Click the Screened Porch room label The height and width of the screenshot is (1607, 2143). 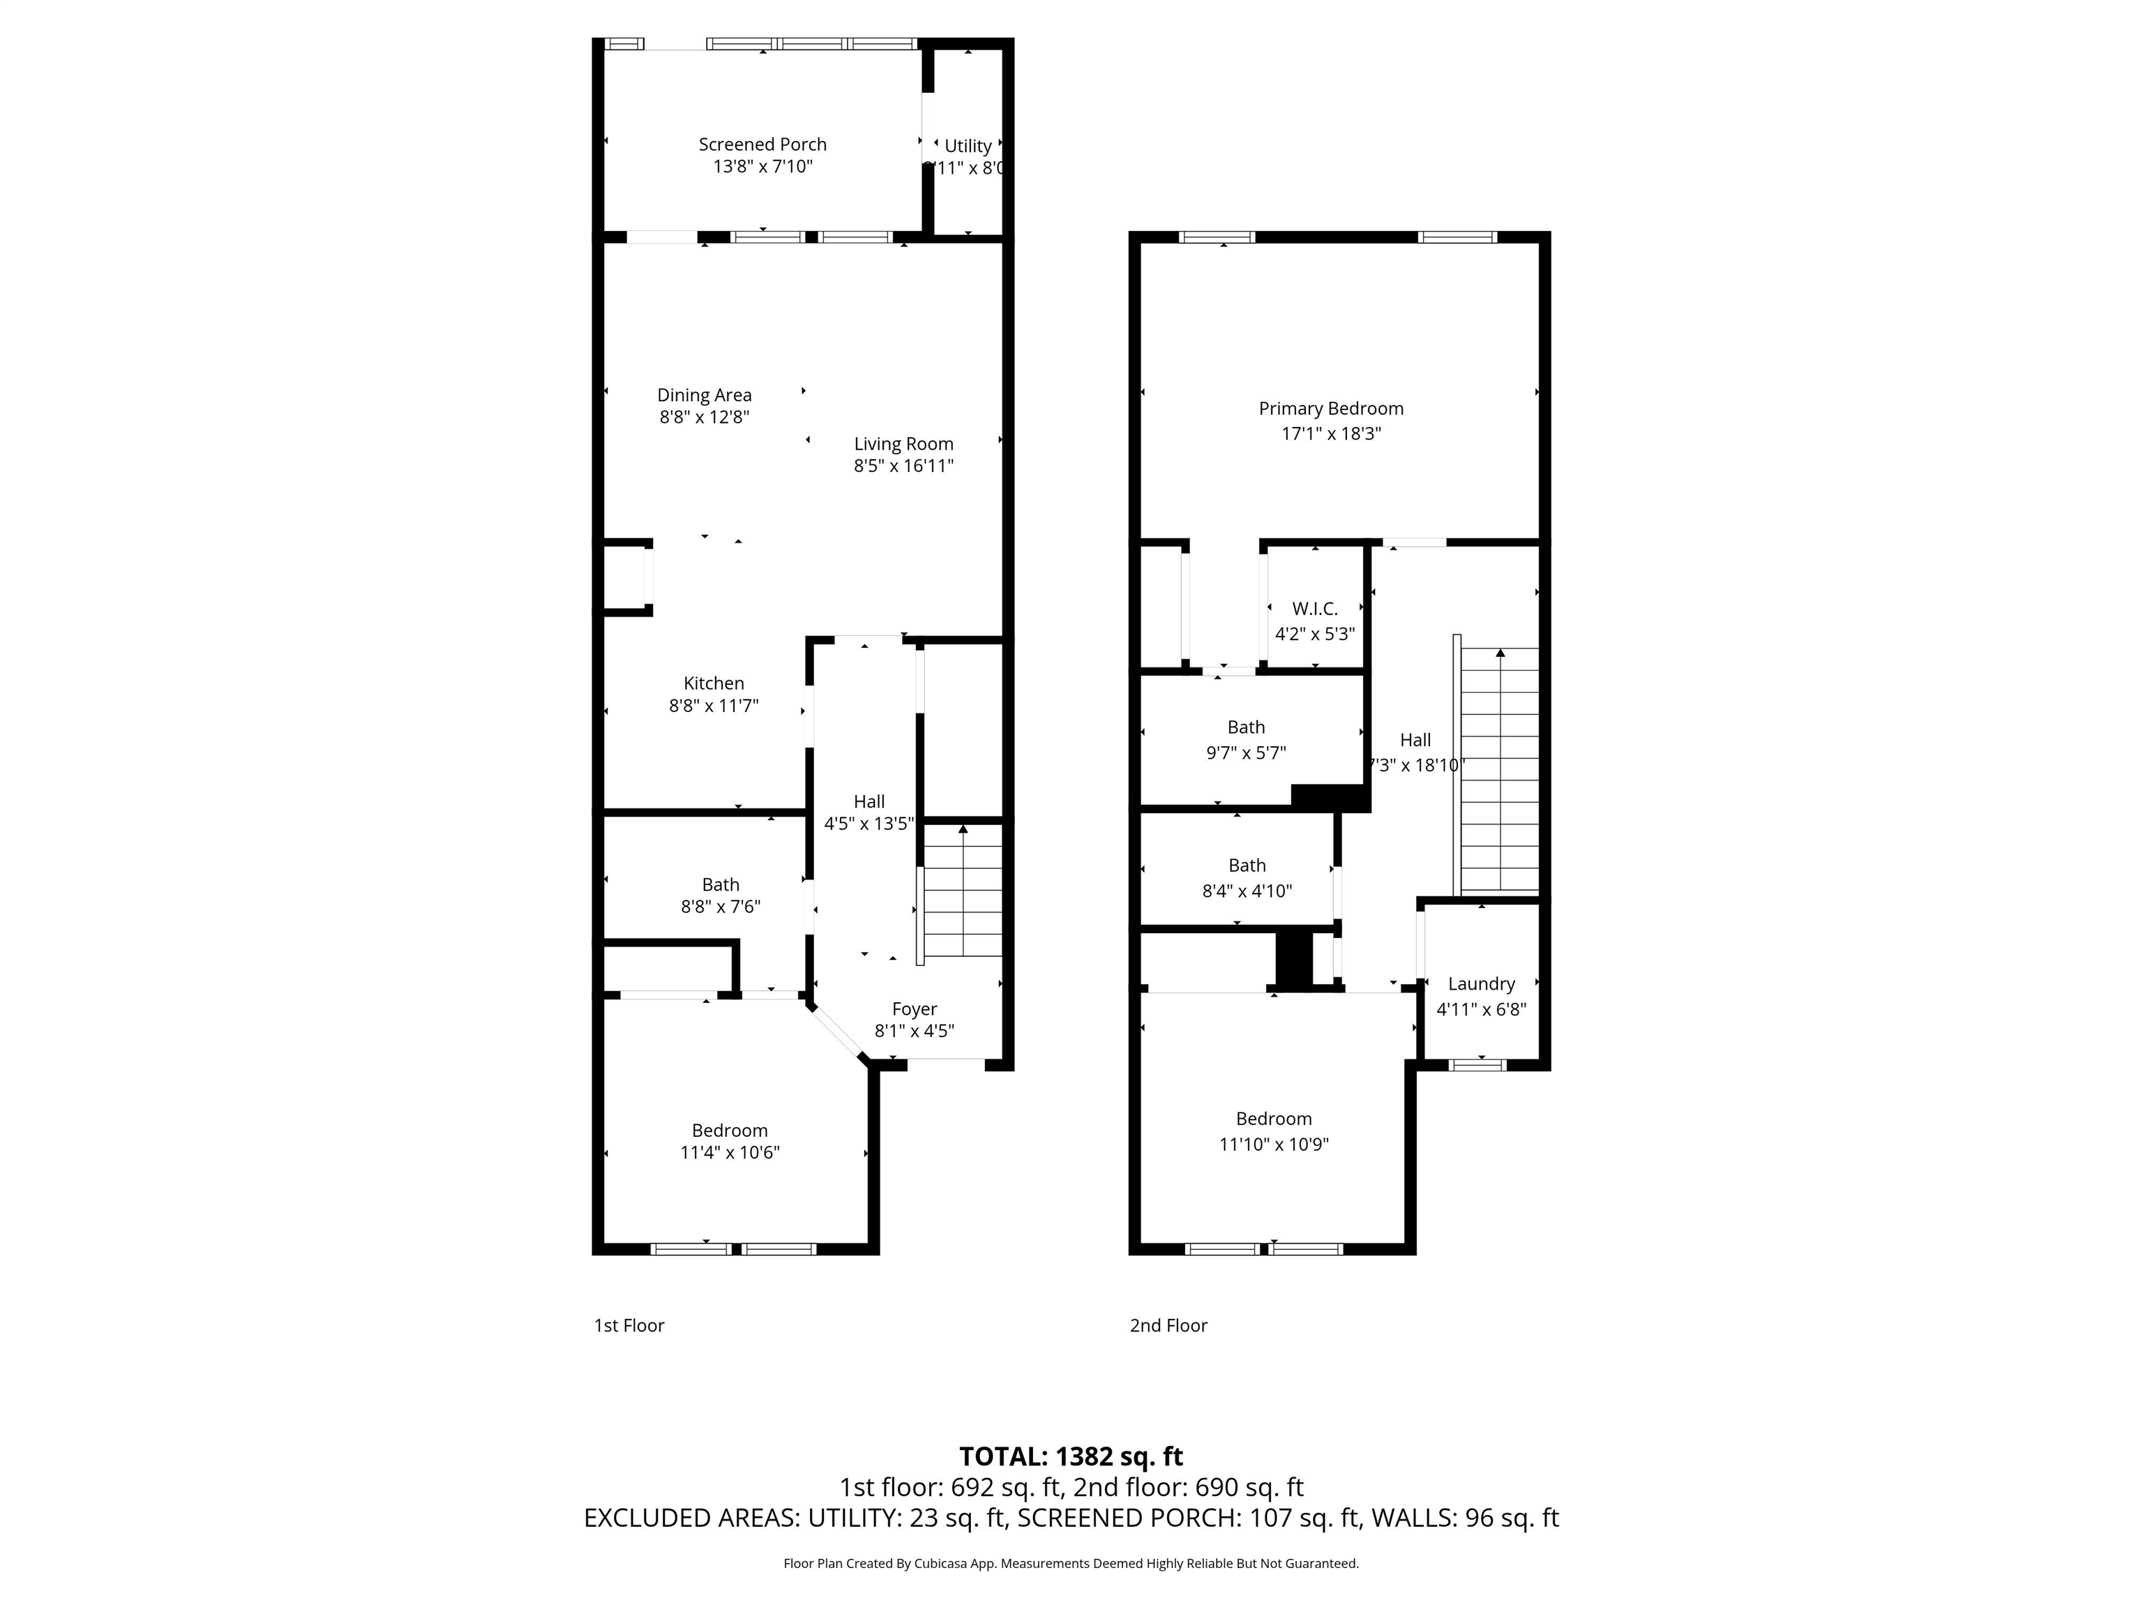pyautogui.click(x=762, y=144)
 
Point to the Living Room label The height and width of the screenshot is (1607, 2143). pyautogui.click(x=903, y=444)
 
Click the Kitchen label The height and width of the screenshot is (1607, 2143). pyautogui.click(x=714, y=683)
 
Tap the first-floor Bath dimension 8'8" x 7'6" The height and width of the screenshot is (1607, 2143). pyautogui.click(x=720, y=907)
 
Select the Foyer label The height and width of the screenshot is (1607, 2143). pyautogui.click(x=914, y=1009)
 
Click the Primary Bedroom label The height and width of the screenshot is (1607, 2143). pyautogui.click(x=1330, y=409)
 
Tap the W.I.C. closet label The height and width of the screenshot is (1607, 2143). pyautogui.click(x=1315, y=608)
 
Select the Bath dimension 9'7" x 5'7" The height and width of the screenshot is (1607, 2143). pyautogui.click(x=1246, y=753)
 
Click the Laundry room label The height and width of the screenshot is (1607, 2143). pyautogui.click(x=1480, y=983)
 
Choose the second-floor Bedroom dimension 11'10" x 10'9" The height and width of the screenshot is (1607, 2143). pyautogui.click(x=1273, y=1144)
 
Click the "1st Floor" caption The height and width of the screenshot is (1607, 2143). pyautogui.click(x=629, y=1325)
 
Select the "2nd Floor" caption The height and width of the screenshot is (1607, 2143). pyautogui.click(x=1168, y=1325)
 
